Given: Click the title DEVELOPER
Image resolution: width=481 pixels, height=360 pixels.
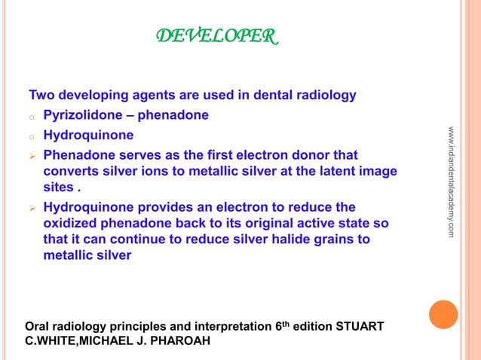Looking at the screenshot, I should [x=216, y=35].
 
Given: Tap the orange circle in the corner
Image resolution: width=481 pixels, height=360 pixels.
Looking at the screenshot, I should [x=444, y=314].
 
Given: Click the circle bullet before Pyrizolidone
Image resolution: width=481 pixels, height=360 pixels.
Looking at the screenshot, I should [x=32, y=117].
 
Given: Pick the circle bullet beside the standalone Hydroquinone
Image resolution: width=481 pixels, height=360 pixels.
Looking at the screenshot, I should [x=32, y=137].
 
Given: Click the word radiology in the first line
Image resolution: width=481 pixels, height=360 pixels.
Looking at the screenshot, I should [x=325, y=96].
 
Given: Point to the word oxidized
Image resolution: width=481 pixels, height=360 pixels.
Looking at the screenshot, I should [x=71, y=224].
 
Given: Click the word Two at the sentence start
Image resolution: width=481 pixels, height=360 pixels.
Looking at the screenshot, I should [x=41, y=96].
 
